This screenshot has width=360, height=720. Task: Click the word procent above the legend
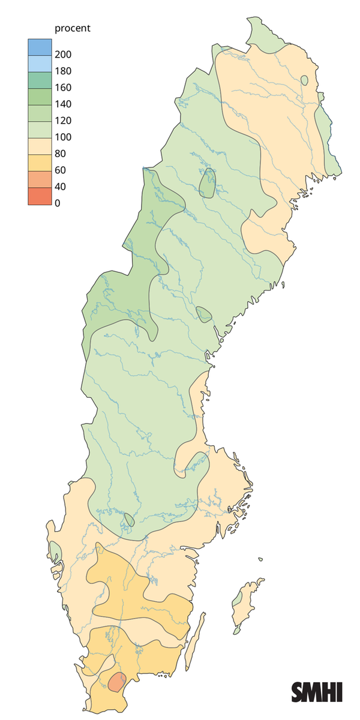coord(72,28)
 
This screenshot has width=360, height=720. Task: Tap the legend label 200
coord(63,55)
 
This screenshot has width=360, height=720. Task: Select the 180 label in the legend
coord(63,71)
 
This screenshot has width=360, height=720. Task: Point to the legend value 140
coord(63,104)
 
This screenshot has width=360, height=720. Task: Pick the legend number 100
coord(63,137)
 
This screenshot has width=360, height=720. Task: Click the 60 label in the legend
coord(61,170)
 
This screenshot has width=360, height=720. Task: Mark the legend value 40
coord(61,187)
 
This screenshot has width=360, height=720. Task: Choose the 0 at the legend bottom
coord(58,203)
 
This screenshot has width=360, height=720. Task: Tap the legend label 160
coord(63,88)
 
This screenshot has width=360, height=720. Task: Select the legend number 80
coord(61,154)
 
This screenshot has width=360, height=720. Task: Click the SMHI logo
coord(317,691)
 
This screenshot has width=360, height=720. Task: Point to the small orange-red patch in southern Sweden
coord(117,682)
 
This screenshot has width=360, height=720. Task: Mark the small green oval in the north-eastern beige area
coord(305,80)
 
